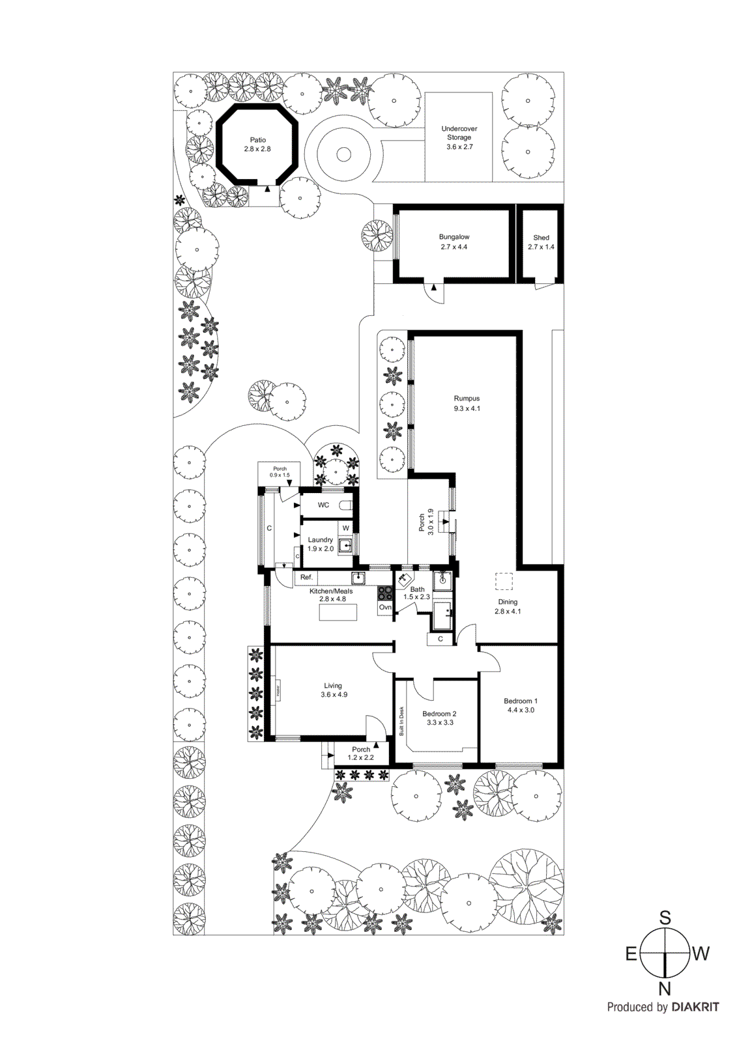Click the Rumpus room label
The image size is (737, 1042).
[x=467, y=403]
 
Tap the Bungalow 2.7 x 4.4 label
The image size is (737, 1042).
[x=454, y=242]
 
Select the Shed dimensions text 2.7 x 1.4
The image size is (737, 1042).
[x=541, y=247]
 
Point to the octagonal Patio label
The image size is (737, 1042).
[x=257, y=144]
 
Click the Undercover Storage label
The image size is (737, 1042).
[x=459, y=137]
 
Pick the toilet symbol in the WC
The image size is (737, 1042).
[x=346, y=505]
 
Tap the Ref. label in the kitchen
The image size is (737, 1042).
[x=306, y=577]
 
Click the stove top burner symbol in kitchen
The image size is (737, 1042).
[x=385, y=593]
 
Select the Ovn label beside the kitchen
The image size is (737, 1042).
[x=385, y=607]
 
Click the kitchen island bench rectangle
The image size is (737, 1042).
[x=338, y=612]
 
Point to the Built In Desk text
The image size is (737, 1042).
[x=401, y=721]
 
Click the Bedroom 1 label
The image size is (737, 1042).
[x=520, y=705]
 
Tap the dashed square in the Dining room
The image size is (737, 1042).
[x=504, y=581]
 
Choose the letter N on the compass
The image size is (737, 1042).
[x=664, y=989]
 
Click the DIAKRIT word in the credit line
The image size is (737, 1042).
[x=695, y=1007]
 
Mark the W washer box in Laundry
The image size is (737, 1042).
[x=346, y=528]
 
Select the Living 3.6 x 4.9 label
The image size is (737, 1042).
[x=334, y=690]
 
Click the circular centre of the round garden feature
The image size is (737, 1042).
[x=343, y=155]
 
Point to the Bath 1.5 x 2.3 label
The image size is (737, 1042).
[x=416, y=593]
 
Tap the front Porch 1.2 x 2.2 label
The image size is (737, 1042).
[x=360, y=753]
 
